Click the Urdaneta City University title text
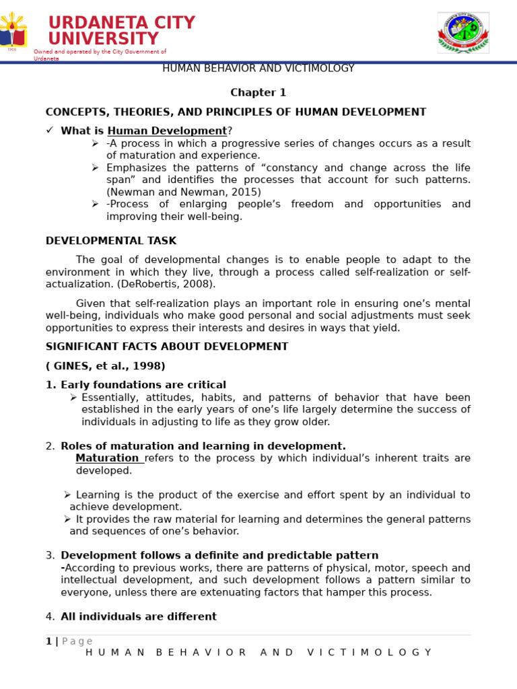click(x=121, y=31)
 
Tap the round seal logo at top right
click(x=463, y=32)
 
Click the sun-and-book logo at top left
click(x=13, y=33)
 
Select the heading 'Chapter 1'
click(x=258, y=93)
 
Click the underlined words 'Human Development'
click(x=167, y=131)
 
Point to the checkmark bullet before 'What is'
click(x=50, y=131)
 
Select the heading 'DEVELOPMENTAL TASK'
click(x=111, y=241)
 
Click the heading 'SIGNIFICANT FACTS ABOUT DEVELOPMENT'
click(x=166, y=347)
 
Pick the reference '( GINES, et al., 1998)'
click(x=105, y=367)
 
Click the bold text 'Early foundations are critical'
click(x=143, y=386)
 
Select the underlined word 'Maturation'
click(x=107, y=459)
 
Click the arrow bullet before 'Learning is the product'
click(x=67, y=495)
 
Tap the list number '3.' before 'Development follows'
click(x=50, y=556)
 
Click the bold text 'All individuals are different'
click(x=139, y=617)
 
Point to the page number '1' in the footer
click(x=48, y=641)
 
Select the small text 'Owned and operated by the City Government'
click(x=100, y=52)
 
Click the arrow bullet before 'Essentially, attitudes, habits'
click(x=73, y=398)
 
